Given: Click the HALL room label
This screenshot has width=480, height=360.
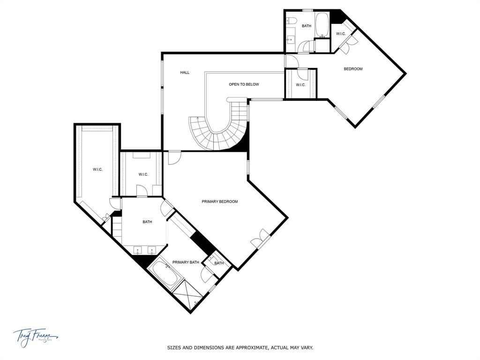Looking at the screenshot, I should (185, 73).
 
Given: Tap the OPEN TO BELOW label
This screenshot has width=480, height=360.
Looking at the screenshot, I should (244, 84).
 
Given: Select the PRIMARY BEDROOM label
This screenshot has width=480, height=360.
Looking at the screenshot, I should (220, 202).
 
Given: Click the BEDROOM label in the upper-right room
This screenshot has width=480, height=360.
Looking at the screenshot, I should (353, 69).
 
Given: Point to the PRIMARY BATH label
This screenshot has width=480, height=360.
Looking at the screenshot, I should (186, 262).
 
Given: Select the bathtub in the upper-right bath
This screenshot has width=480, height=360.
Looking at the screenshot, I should (322, 25).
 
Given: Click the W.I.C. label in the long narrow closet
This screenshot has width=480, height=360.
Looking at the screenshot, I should (97, 169).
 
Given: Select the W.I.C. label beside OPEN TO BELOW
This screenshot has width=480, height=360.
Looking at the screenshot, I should (300, 85).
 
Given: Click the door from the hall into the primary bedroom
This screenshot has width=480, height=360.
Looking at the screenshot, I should (174, 157).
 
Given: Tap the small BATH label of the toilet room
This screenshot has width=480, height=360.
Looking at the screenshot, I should (219, 263).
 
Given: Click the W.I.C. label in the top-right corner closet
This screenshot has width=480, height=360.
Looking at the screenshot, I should (341, 34).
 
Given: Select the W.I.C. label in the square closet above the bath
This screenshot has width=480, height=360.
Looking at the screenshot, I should (143, 174).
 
